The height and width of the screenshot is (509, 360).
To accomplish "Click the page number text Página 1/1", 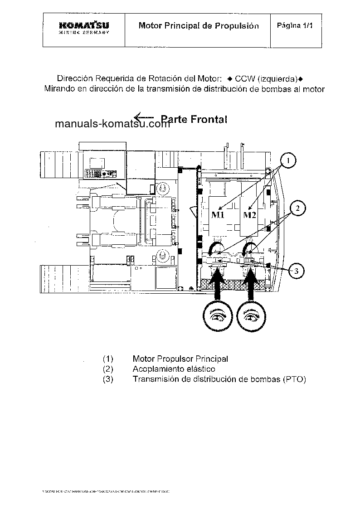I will click(295, 25).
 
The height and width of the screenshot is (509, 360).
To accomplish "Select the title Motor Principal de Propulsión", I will click(199, 26).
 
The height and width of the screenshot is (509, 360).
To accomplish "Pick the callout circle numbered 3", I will click(295, 271).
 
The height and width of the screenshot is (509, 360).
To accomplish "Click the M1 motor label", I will click(218, 214).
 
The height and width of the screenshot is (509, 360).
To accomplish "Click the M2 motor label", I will click(249, 214).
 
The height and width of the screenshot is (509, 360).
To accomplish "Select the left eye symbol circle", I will click(219, 316).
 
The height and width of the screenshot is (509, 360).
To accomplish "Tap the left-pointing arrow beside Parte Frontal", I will click(145, 117).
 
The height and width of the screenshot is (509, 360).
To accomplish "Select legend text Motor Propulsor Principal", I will click(180, 359).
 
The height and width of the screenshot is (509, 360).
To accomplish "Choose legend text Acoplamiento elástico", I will click(174, 369).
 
